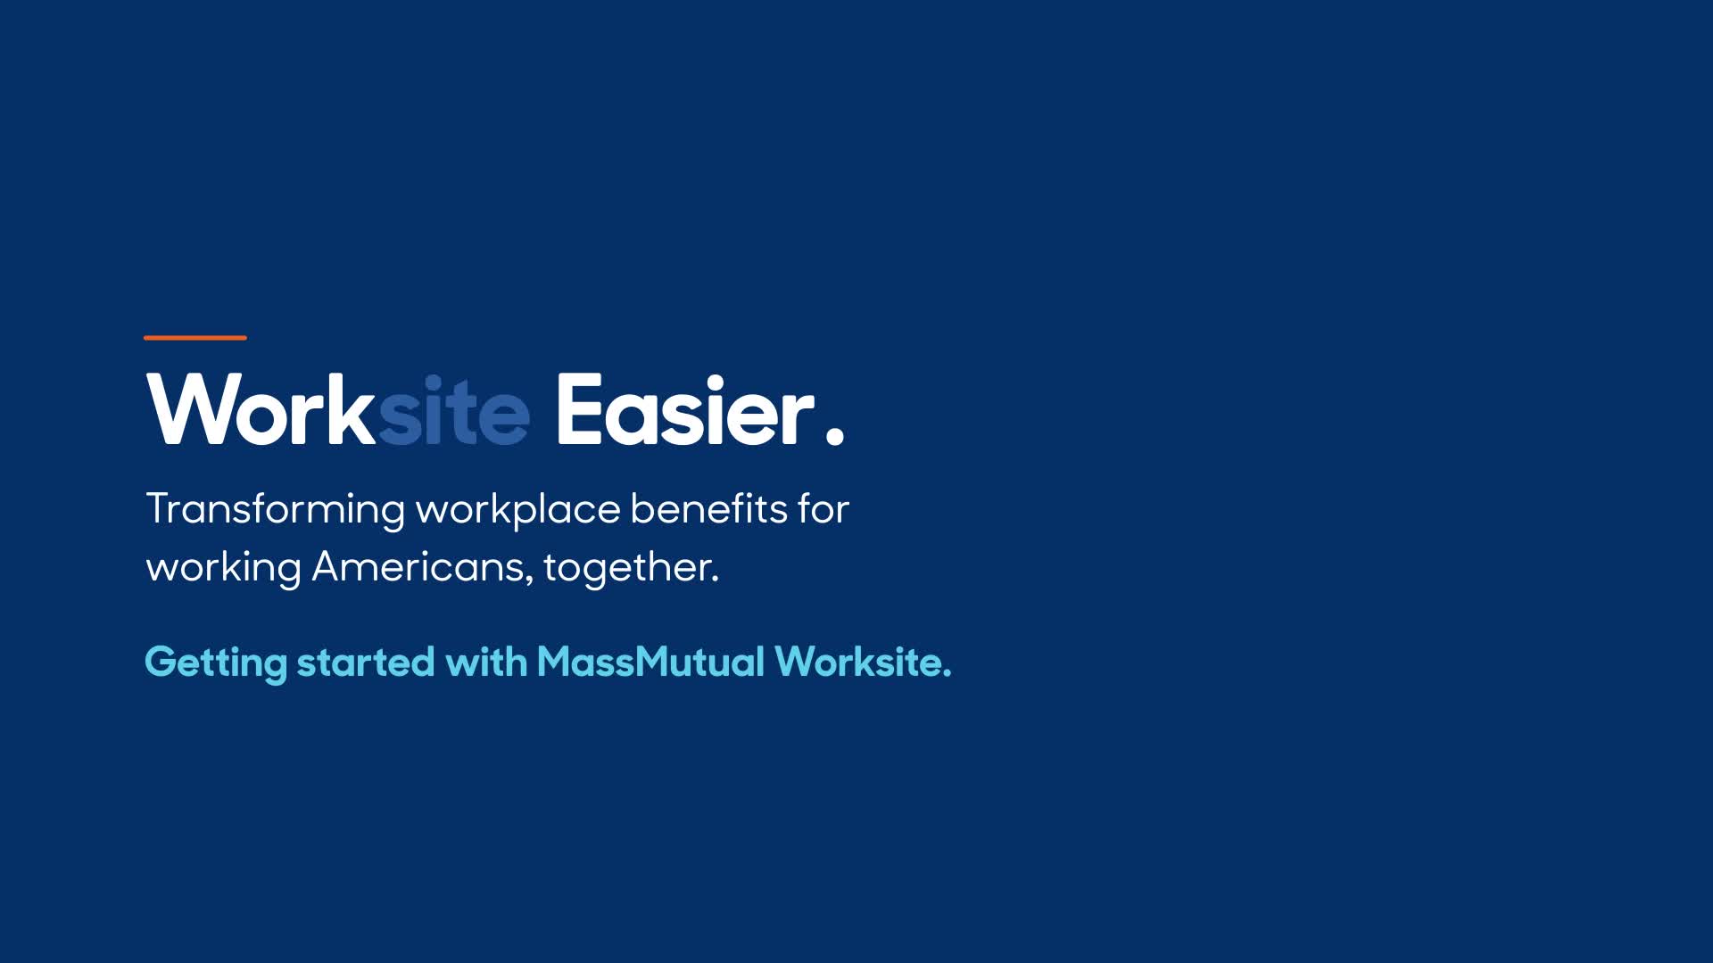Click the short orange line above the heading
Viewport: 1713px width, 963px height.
pos(195,338)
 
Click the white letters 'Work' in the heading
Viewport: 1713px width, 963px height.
pos(261,409)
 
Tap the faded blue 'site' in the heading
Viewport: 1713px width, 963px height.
pos(454,411)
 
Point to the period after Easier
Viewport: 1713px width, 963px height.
pos(835,435)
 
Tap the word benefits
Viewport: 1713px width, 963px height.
pos(709,508)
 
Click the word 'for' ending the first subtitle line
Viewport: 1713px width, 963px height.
pos(824,508)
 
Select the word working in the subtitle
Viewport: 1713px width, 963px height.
pos(224,568)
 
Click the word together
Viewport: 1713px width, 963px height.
pos(631,568)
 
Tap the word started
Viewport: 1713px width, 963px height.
pos(366,663)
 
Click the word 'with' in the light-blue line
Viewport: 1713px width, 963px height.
pos(486,662)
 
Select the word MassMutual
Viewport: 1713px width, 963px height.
pos(650,662)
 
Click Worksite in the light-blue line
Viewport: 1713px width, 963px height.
pos(863,662)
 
